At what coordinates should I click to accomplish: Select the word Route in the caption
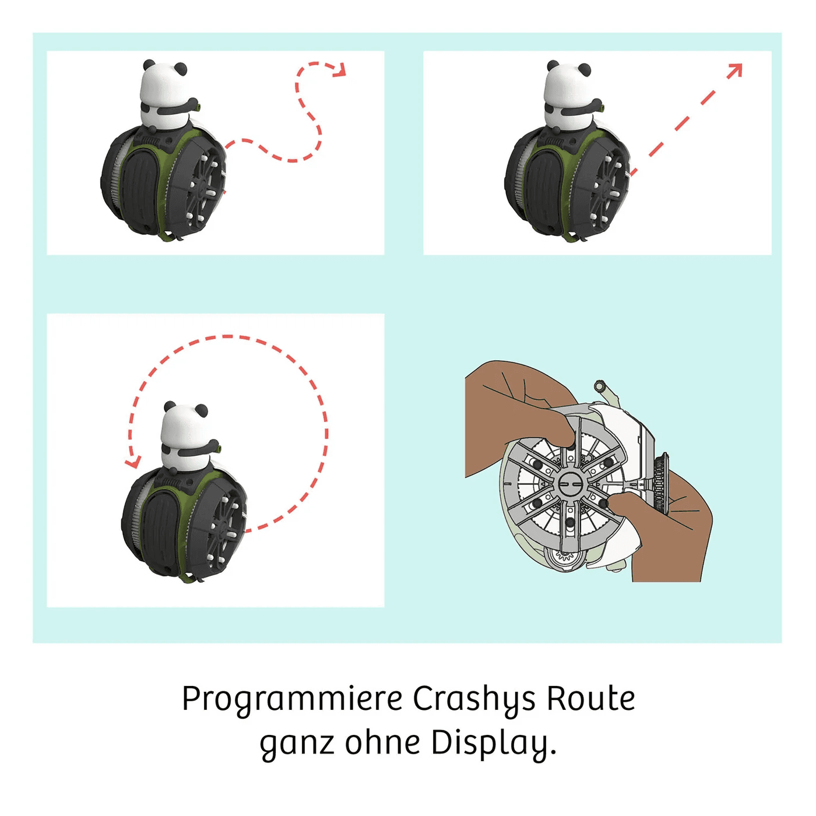click(x=590, y=698)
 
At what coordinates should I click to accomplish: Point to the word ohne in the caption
click(x=383, y=742)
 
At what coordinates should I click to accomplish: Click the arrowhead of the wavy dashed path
click(x=340, y=70)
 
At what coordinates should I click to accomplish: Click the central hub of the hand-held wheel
click(x=568, y=483)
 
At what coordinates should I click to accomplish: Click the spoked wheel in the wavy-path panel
click(x=206, y=187)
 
